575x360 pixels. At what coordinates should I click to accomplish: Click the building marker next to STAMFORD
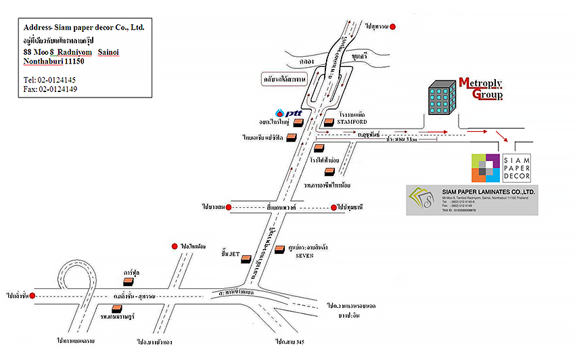click(329, 122)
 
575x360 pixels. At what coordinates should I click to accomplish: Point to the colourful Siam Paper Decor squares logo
click(486, 168)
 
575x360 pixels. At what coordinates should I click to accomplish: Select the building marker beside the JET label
click(246, 258)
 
